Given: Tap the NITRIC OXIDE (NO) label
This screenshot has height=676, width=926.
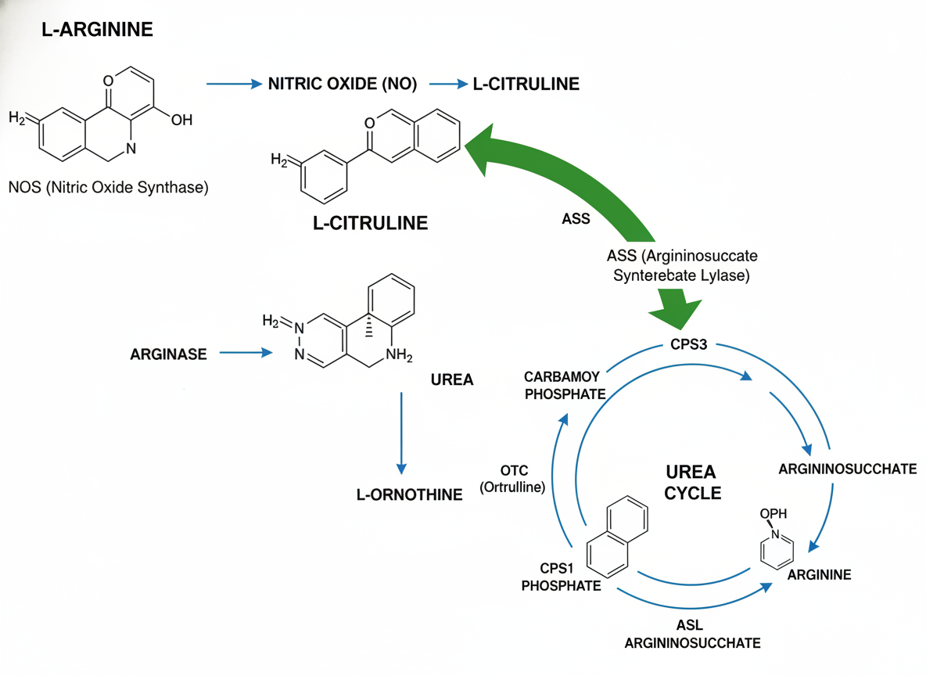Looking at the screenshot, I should click(x=343, y=84).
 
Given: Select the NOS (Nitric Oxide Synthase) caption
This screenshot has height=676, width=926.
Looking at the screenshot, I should click(x=109, y=188).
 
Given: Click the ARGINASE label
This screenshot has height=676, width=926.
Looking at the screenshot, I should click(x=168, y=354).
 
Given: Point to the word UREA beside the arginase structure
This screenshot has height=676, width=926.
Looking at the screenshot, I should click(x=452, y=379).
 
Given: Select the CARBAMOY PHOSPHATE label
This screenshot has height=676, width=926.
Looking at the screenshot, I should click(x=565, y=386).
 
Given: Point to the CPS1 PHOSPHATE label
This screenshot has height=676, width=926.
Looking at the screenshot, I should click(x=562, y=577).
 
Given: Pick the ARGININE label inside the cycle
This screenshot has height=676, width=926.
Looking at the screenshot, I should click(x=819, y=575).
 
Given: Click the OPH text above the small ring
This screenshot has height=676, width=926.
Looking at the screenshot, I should click(x=773, y=514).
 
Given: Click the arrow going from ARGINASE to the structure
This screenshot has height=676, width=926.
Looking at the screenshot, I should click(x=246, y=354).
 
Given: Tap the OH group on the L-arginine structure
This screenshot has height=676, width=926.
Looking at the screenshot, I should click(x=180, y=120).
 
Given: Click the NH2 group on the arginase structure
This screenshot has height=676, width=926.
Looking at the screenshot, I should click(x=398, y=356).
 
